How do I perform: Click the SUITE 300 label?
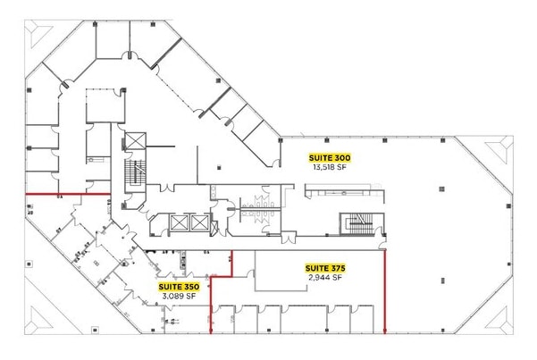(331, 157)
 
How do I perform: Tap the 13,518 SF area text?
(331, 167)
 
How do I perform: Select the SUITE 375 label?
(325, 268)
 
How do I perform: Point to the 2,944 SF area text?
(325, 278)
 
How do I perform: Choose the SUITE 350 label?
(179, 287)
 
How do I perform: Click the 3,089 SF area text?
(179, 297)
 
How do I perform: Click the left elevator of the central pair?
(177, 223)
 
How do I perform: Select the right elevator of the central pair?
(198, 223)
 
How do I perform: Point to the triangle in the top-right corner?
(497, 151)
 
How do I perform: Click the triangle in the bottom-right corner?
(497, 316)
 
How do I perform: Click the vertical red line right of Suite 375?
(385, 290)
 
